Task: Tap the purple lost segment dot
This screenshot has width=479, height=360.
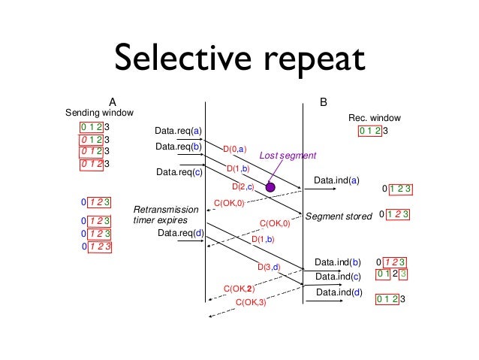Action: pyautogui.click(x=270, y=186)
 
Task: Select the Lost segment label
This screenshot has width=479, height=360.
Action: pyautogui.click(x=288, y=155)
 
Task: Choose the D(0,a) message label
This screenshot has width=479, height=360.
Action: pyautogui.click(x=234, y=151)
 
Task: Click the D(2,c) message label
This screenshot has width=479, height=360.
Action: pyautogui.click(x=243, y=186)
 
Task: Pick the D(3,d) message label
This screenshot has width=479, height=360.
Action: pyautogui.click(x=268, y=267)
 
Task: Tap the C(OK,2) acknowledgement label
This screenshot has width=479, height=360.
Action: pyautogui.click(x=239, y=288)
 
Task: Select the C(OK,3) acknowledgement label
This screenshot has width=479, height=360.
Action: pyautogui.click(x=251, y=302)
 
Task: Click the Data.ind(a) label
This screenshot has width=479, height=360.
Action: pyautogui.click(x=337, y=180)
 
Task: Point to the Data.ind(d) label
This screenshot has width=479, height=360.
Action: pyautogui.click(x=339, y=292)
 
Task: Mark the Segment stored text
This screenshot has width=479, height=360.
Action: pyautogui.click(x=339, y=216)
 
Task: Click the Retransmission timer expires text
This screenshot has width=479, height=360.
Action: pyautogui.click(x=165, y=214)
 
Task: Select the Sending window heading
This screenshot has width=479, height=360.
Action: pyautogui.click(x=100, y=113)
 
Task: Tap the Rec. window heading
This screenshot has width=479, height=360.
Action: pyautogui.click(x=375, y=118)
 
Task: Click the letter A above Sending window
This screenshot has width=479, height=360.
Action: pyautogui.click(x=112, y=101)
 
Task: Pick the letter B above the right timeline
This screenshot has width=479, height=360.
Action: pyautogui.click(x=323, y=101)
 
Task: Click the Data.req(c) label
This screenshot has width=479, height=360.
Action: pyautogui.click(x=179, y=172)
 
